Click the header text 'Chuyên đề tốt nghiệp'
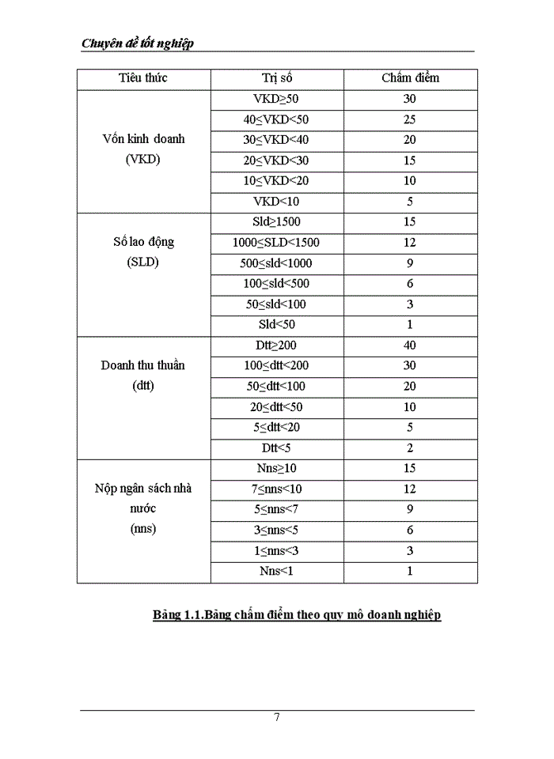(x=138, y=43)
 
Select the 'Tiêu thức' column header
(x=143, y=78)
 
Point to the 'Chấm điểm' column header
(x=410, y=78)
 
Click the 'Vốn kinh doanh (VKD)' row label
(x=143, y=149)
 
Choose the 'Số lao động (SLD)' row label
(x=143, y=252)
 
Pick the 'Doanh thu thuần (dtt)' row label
(x=143, y=376)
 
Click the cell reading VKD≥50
(x=276, y=99)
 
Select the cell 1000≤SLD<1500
(x=276, y=243)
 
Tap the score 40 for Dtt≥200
(x=410, y=346)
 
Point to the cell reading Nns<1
(x=276, y=571)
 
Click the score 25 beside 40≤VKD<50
(x=410, y=120)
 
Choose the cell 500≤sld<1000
(x=276, y=263)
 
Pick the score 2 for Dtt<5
(x=410, y=448)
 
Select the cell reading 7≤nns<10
(x=276, y=489)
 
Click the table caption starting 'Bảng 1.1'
(x=297, y=615)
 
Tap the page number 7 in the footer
(x=277, y=718)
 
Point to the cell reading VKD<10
(x=276, y=202)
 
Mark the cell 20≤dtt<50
(x=276, y=407)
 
